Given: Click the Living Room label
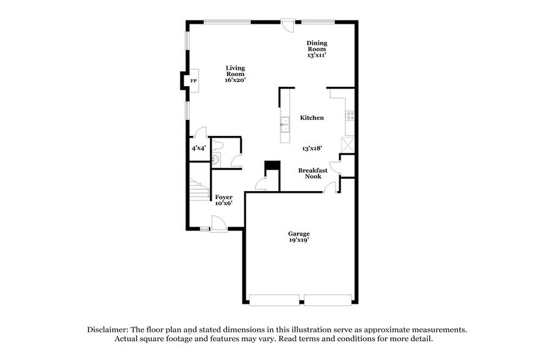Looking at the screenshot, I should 235,71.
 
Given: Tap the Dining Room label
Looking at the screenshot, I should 317,46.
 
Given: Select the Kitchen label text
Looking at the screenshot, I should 312,118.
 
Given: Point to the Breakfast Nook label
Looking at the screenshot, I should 313,173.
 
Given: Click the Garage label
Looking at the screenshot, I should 299,233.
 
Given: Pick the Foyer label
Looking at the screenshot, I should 223,197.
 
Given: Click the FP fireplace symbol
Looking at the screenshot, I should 193,81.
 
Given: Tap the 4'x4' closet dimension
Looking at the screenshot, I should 198,148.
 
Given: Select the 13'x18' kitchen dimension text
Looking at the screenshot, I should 312,148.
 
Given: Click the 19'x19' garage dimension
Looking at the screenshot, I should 299,240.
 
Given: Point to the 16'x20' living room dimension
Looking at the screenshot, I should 235,80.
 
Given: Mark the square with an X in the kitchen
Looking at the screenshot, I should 348,144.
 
